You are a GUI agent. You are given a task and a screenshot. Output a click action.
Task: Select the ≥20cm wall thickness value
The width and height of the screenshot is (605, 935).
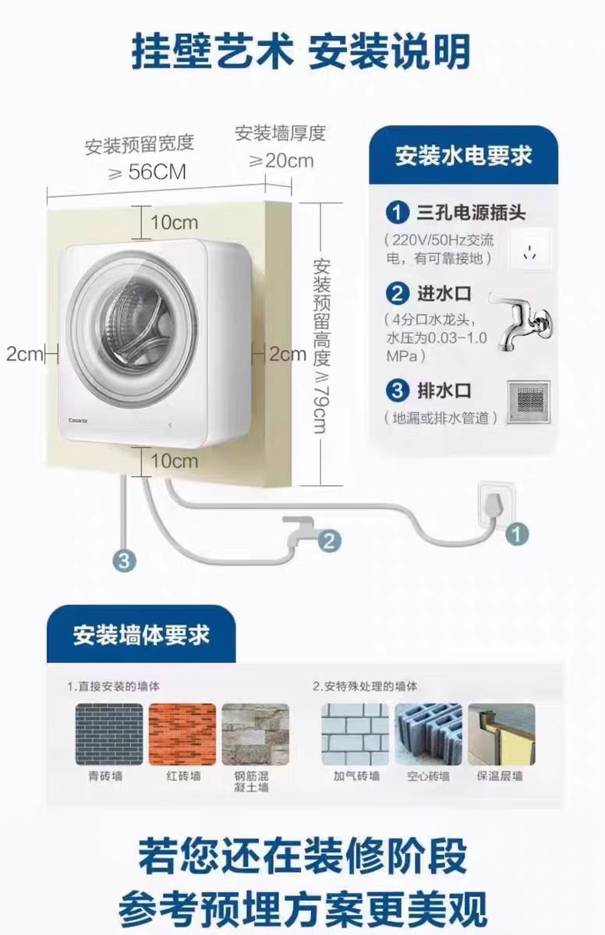(x=281, y=161)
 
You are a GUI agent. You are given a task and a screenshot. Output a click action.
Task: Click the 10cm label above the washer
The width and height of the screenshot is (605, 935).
(x=175, y=222)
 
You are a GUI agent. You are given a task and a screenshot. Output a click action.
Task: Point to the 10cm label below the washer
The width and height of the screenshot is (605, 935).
(x=175, y=460)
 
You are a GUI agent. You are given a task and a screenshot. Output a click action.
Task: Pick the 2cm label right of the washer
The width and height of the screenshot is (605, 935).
(x=288, y=354)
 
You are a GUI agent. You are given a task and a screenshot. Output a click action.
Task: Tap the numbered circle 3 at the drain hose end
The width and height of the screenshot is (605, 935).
(x=125, y=559)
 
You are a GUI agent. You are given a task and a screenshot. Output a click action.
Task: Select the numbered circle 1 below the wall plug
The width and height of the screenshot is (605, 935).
(x=517, y=534)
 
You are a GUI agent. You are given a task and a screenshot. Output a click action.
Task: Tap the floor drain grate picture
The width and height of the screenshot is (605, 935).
(x=529, y=402)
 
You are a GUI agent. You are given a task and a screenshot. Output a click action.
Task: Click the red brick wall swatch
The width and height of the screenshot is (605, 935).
(x=182, y=734)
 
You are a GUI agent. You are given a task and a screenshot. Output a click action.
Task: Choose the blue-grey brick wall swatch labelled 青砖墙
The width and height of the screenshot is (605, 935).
(x=108, y=734)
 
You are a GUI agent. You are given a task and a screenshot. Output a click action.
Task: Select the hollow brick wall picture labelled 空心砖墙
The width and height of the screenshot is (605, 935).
(x=427, y=734)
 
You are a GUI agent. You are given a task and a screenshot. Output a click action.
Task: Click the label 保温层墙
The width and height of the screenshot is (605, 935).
(x=501, y=776)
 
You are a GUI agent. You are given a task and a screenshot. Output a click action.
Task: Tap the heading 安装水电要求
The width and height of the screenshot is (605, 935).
(x=463, y=155)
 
